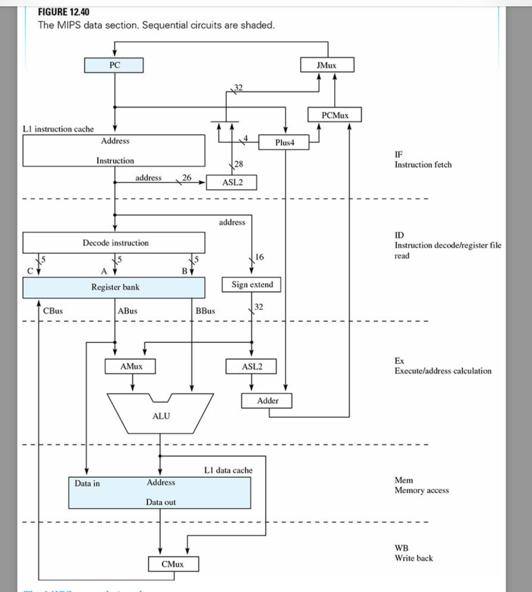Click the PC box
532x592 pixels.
[114, 65]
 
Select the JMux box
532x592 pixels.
[327, 65]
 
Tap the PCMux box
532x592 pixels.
[335, 115]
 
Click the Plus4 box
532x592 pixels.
[284, 142]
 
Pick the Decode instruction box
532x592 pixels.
[114, 243]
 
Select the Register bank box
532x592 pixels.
[114, 287]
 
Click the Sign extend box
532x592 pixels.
[252, 284]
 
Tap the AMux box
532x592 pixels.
[131, 367]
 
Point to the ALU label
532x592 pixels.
[161, 416]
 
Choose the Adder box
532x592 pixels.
[267, 401]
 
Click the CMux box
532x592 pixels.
[173, 564]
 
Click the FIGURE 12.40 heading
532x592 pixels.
[64, 12]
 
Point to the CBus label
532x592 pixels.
[53, 311]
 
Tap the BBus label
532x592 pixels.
[205, 311]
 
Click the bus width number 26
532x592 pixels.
[187, 177]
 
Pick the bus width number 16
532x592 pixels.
[259, 256]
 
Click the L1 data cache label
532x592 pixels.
[228, 470]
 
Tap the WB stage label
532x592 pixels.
[401, 548]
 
